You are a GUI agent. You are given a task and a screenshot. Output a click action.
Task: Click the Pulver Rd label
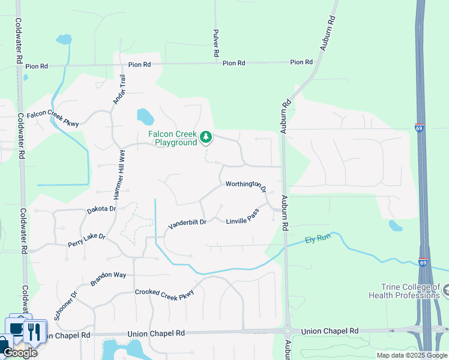tap(215, 44)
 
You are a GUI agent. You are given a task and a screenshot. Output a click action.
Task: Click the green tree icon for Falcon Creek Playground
tap(206, 137)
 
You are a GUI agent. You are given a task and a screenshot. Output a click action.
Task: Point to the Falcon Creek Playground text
tap(174, 139)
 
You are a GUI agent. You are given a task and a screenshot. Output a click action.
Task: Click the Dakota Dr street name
tap(101, 209)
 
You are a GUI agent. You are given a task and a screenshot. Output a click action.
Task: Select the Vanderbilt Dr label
tap(187, 223)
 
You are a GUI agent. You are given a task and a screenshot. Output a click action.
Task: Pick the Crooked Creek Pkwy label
tap(164, 292)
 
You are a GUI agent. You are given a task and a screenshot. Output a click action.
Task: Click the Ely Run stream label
tap(318, 239)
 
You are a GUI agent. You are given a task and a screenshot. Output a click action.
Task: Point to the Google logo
tap(20, 353)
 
